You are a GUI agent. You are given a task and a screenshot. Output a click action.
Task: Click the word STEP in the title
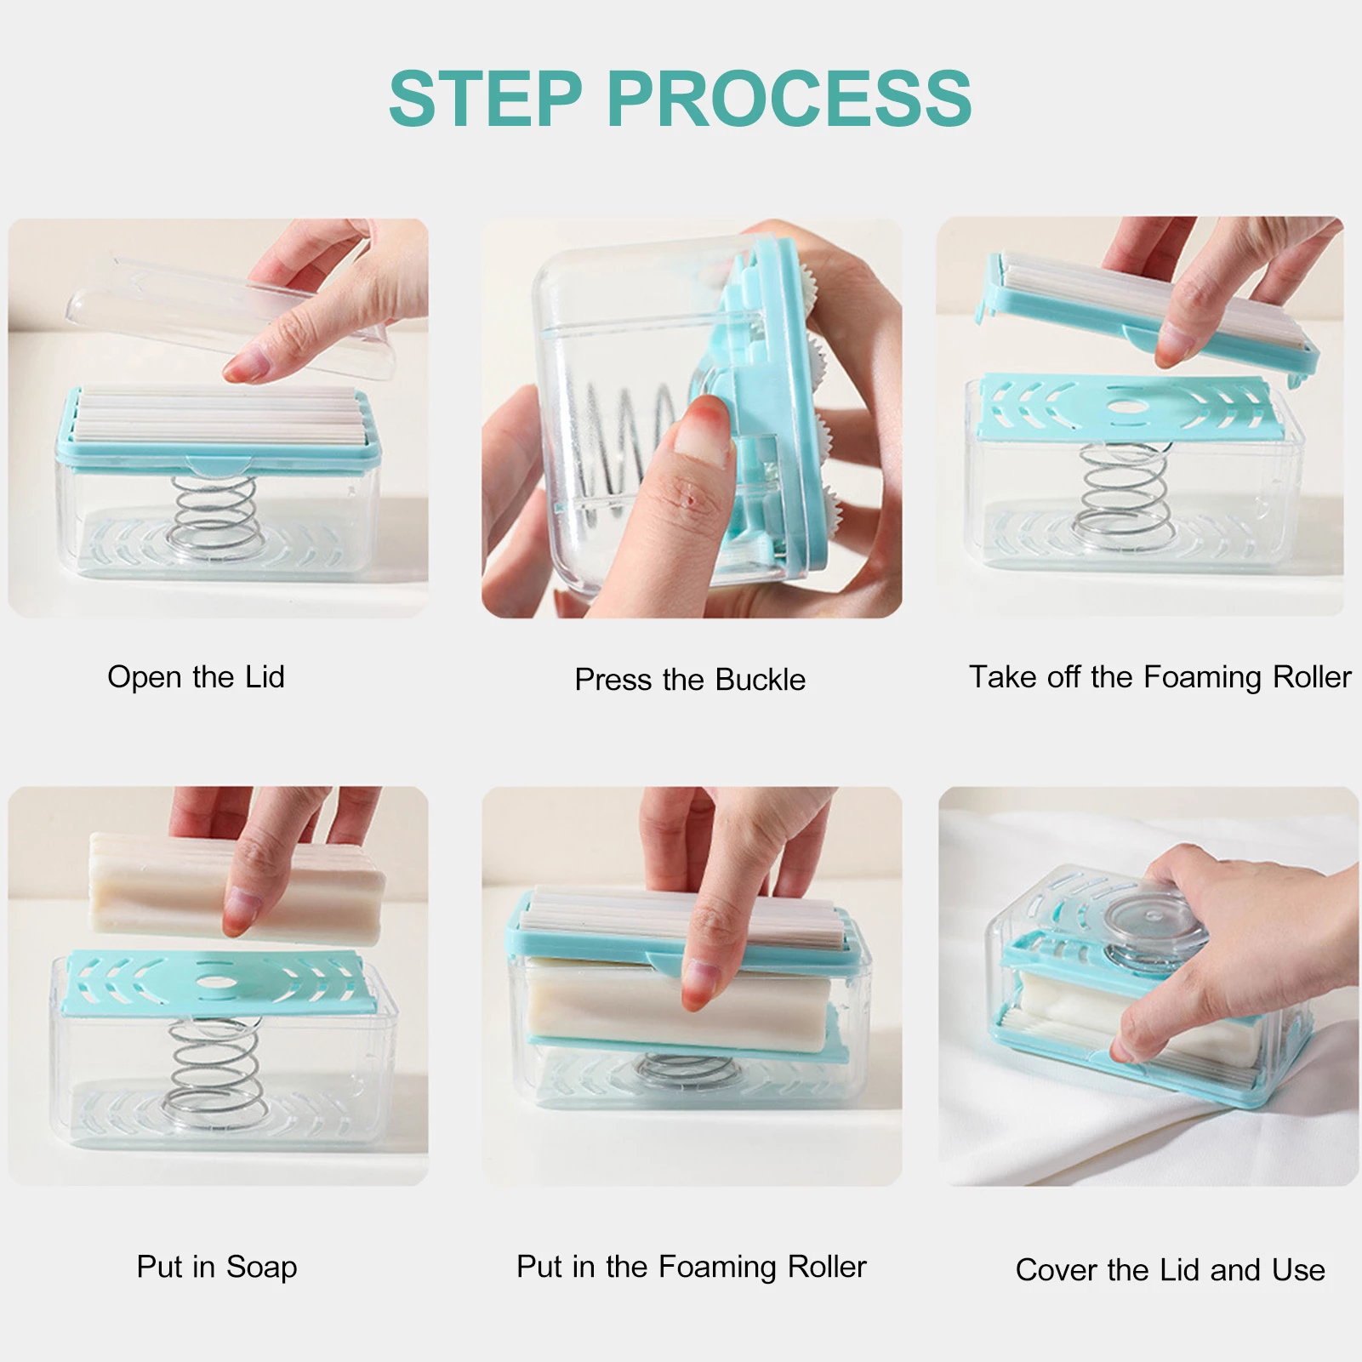[486, 99]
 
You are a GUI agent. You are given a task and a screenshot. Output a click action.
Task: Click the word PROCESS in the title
[789, 99]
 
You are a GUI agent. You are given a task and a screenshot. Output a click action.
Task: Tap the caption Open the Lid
[196, 677]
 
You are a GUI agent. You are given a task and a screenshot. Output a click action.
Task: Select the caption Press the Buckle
[690, 679]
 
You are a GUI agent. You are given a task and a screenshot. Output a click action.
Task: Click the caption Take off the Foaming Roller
[1160, 677]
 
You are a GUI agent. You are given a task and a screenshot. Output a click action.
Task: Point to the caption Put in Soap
[217, 1267]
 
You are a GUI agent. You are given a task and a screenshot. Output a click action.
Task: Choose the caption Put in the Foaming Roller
[692, 1267]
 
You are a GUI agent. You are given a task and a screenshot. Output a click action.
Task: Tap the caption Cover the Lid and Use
[1171, 1270]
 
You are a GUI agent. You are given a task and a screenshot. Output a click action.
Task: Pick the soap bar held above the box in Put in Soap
[236, 885]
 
